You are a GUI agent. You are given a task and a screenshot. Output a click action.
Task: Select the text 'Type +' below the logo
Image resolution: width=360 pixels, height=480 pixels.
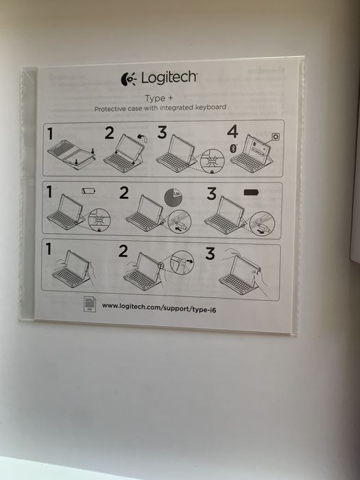pos(158,98)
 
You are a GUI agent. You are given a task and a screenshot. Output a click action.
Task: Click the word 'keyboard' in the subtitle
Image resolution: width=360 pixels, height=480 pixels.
pos(209,108)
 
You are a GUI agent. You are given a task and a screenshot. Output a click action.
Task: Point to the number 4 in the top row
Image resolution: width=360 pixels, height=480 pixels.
pos(232,133)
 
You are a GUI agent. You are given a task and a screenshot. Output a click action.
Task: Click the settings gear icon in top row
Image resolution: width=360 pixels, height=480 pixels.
pos(276,137)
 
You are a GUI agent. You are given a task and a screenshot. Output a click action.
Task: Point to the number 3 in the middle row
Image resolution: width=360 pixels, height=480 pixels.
pos(211,193)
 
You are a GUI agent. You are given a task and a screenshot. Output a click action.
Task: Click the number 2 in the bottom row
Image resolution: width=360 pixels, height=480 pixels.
pos(123,252)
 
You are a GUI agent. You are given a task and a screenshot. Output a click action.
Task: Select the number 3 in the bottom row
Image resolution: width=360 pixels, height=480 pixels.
pos(211,254)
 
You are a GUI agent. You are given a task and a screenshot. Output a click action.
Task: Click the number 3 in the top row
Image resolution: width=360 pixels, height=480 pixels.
pos(162,133)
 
